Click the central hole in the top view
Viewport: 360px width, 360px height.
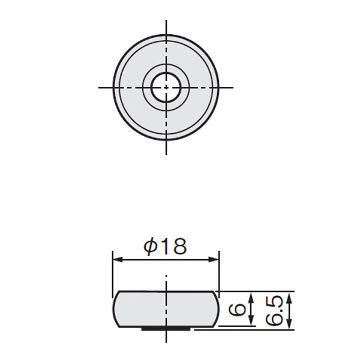click(166, 87)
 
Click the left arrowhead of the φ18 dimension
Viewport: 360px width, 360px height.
click(118, 260)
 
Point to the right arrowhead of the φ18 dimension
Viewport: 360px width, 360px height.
click(214, 260)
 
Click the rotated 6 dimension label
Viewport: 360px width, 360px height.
click(236, 309)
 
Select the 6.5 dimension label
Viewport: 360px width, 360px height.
click(272, 310)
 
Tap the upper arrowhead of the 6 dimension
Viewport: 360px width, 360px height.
click(251, 295)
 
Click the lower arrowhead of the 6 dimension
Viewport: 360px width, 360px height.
click(251, 322)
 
